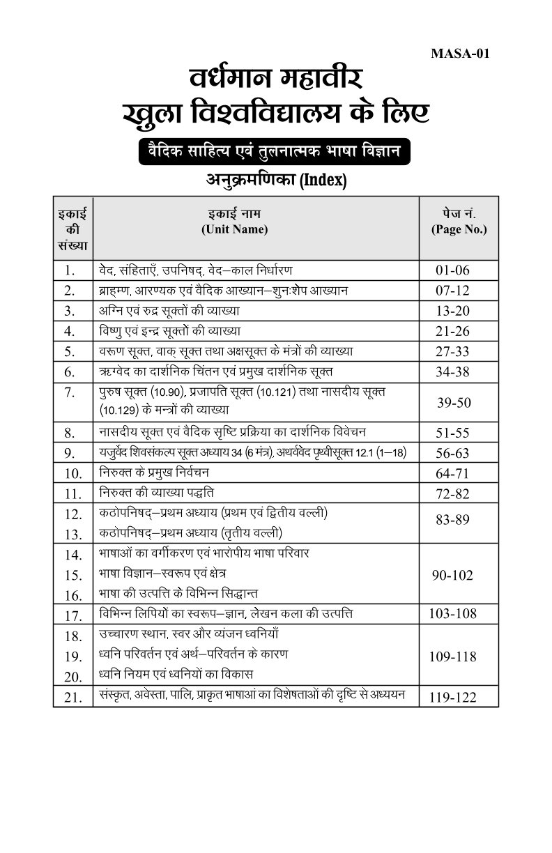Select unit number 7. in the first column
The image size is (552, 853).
(69, 392)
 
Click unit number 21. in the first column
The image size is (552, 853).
(73, 697)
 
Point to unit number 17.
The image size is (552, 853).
(73, 615)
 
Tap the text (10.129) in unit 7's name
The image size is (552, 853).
(115, 410)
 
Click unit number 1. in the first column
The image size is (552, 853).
(69, 270)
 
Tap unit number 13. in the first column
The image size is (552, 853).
(73, 535)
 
